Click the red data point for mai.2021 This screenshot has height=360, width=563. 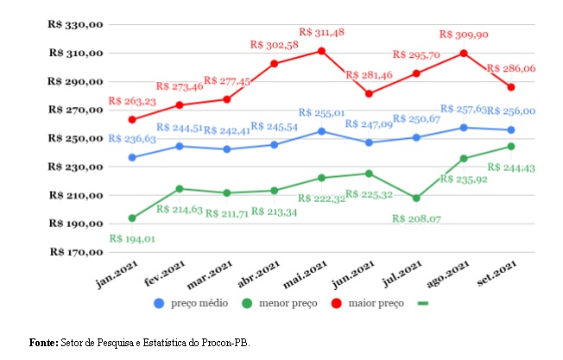click(321, 51)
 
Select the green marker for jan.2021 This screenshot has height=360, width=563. click(132, 218)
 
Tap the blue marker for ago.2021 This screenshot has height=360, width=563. click(464, 128)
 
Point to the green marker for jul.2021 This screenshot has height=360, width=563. click(416, 198)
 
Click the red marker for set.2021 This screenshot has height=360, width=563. click(511, 87)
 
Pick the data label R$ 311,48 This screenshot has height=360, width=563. click(321, 32)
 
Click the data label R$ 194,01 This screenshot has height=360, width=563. click(132, 238)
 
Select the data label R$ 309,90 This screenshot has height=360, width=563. click(464, 35)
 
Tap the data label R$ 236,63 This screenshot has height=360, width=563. click(132, 138)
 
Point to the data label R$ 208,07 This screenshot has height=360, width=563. click(416, 218)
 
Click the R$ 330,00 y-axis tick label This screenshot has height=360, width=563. click(76, 25)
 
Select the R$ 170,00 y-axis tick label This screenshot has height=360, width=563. click(76, 253)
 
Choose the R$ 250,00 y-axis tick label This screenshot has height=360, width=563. click(76, 139)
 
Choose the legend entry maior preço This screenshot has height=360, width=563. click(376, 304)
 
